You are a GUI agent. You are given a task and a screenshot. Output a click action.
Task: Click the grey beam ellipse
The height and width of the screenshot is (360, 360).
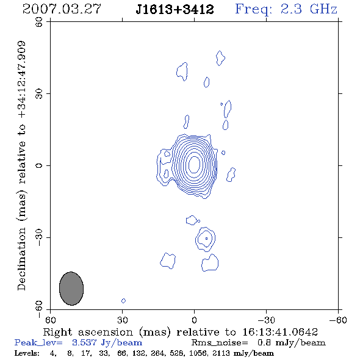(x=71, y=289)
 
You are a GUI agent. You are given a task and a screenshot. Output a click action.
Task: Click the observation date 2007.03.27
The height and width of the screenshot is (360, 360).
(x=62, y=9)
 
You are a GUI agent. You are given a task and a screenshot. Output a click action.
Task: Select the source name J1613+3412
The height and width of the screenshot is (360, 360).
(x=175, y=10)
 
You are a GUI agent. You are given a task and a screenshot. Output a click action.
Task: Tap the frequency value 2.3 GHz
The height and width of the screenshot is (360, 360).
(x=309, y=9)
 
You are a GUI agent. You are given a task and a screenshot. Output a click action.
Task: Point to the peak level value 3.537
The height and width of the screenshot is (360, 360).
(x=84, y=342)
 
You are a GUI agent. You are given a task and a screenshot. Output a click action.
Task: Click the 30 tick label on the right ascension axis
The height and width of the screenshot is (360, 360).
(x=123, y=320)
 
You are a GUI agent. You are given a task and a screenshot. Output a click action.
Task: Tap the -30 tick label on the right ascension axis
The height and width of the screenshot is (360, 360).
(x=266, y=320)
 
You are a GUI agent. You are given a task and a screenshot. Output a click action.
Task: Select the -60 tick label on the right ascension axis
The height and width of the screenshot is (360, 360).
(x=338, y=320)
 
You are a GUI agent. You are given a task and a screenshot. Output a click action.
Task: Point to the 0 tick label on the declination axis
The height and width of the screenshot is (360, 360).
(x=39, y=165)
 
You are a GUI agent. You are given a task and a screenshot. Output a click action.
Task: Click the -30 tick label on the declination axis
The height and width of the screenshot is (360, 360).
(x=39, y=237)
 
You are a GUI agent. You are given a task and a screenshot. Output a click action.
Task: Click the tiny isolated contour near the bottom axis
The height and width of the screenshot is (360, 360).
(x=123, y=301)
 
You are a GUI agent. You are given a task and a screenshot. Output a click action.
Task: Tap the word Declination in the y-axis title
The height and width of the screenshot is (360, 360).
(x=21, y=259)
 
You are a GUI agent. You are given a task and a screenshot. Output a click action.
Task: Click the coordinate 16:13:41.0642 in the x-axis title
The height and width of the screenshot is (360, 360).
(x=280, y=332)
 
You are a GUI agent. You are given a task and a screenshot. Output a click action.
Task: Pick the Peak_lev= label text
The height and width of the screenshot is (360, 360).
(x=38, y=343)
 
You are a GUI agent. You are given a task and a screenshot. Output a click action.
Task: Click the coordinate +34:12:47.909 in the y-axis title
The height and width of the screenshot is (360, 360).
(x=21, y=80)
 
